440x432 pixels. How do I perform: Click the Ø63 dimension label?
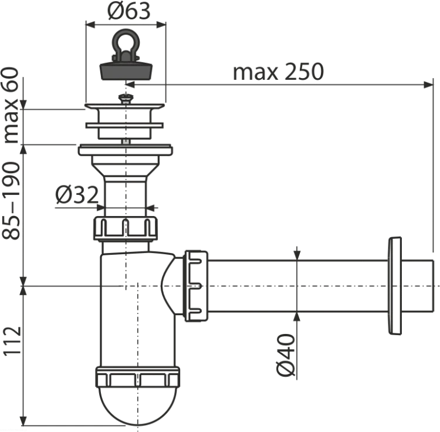(129, 12)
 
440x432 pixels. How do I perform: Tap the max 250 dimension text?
(278, 72)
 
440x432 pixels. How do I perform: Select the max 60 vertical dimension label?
(11, 105)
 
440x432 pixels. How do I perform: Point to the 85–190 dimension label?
(11, 201)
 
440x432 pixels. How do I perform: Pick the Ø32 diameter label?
(77, 194)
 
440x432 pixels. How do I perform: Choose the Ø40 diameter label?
(286, 355)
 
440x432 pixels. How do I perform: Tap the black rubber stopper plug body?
(126, 71)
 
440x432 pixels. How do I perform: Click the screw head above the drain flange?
(126, 99)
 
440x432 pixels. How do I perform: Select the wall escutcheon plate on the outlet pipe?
(395, 286)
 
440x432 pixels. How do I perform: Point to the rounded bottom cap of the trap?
(138, 405)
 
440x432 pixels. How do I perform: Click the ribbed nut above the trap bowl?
(126, 228)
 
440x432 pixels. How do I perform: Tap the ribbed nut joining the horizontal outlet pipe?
(195, 286)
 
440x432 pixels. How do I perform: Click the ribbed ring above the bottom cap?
(137, 377)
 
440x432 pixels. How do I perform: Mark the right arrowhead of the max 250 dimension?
(428, 85)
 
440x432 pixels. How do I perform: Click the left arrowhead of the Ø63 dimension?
(90, 25)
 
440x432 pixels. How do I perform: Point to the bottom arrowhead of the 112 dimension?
(23, 420)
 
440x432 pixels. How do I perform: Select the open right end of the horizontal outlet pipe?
(434, 286)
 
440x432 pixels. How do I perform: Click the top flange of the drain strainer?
(125, 106)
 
